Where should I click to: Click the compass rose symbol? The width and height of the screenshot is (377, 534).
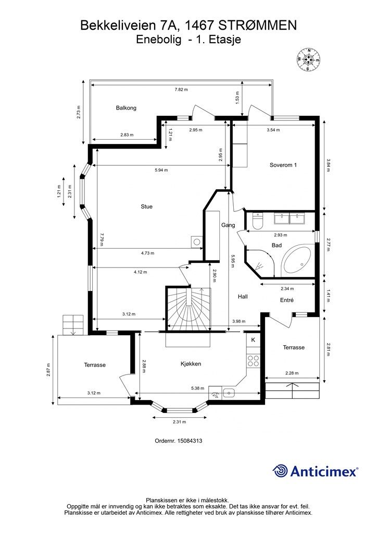[x=309, y=60]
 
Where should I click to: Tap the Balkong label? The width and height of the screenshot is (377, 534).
[x=126, y=108]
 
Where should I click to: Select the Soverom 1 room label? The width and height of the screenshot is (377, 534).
[x=283, y=165]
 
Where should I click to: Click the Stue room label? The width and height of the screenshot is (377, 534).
[x=146, y=207]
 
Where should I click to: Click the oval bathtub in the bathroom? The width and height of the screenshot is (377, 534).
[x=297, y=260]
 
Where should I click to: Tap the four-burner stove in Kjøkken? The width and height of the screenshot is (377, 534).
[x=253, y=361]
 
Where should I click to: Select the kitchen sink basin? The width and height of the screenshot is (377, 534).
[x=229, y=393]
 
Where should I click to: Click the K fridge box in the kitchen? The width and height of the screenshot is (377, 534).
[x=253, y=340]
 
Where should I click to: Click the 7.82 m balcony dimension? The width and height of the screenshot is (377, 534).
[x=181, y=90]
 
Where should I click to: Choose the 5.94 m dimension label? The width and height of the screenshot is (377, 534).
[x=161, y=170]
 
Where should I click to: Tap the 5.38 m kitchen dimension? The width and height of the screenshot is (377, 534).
[x=197, y=388]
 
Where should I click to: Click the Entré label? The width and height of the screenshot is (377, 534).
[x=286, y=300]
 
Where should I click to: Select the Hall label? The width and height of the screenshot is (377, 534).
[x=243, y=297]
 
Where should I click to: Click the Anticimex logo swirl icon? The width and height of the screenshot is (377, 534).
[x=280, y=471]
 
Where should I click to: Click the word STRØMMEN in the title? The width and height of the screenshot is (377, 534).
[x=257, y=26]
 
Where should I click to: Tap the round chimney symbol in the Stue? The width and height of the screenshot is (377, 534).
[x=197, y=242]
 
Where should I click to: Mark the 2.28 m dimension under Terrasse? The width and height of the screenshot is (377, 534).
[x=292, y=373]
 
